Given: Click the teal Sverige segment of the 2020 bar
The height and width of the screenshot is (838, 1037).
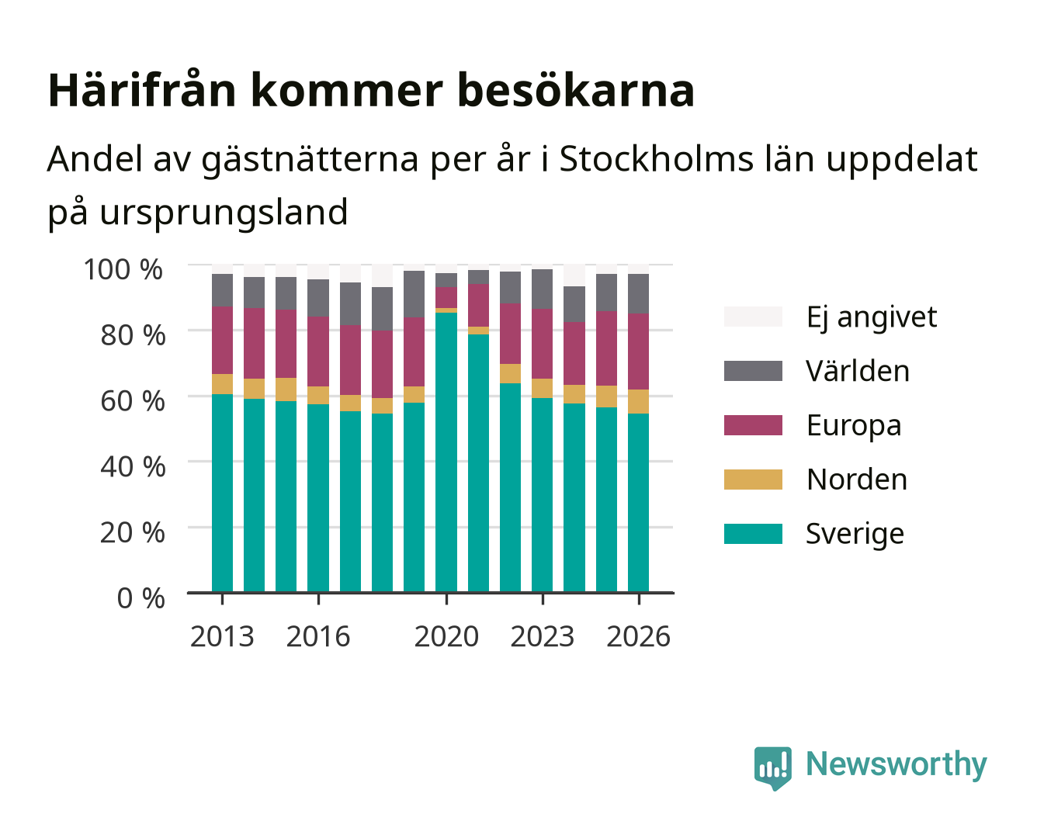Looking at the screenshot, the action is tap(446, 452).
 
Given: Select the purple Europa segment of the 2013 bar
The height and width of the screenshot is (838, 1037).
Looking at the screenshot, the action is tap(222, 340).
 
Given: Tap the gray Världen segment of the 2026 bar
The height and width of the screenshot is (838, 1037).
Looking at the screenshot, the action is tap(638, 293).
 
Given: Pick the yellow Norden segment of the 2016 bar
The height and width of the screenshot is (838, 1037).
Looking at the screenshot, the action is tap(318, 395).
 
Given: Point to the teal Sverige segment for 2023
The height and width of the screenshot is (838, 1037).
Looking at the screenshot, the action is tap(542, 495).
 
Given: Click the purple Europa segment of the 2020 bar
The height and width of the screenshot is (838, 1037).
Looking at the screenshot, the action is tap(446, 297).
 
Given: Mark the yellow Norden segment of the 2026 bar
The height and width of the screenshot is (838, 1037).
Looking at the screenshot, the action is tap(638, 401).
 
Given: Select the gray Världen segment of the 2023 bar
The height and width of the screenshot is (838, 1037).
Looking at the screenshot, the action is tap(542, 289).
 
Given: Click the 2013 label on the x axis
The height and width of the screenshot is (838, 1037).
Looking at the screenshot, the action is tap(222, 636).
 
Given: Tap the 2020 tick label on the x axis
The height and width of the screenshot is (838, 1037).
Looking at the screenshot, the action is tap(446, 636).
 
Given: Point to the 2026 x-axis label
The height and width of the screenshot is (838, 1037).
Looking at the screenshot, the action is tap(638, 636).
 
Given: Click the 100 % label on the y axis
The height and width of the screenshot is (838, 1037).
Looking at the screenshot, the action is tap(123, 269).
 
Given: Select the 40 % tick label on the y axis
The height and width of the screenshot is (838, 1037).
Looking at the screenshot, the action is tap(133, 466).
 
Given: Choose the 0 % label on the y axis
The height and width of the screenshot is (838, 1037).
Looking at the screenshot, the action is tap(140, 598).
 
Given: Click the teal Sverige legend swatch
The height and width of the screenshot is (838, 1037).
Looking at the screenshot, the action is tap(753, 533).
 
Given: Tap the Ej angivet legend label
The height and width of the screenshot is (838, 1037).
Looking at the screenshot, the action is tap(872, 317).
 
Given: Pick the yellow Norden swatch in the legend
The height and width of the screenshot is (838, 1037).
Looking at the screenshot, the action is tap(753, 480).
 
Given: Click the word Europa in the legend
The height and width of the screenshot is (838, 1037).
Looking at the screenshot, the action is tap(854, 426).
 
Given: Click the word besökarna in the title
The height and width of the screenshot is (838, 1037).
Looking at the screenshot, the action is tap(575, 91).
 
